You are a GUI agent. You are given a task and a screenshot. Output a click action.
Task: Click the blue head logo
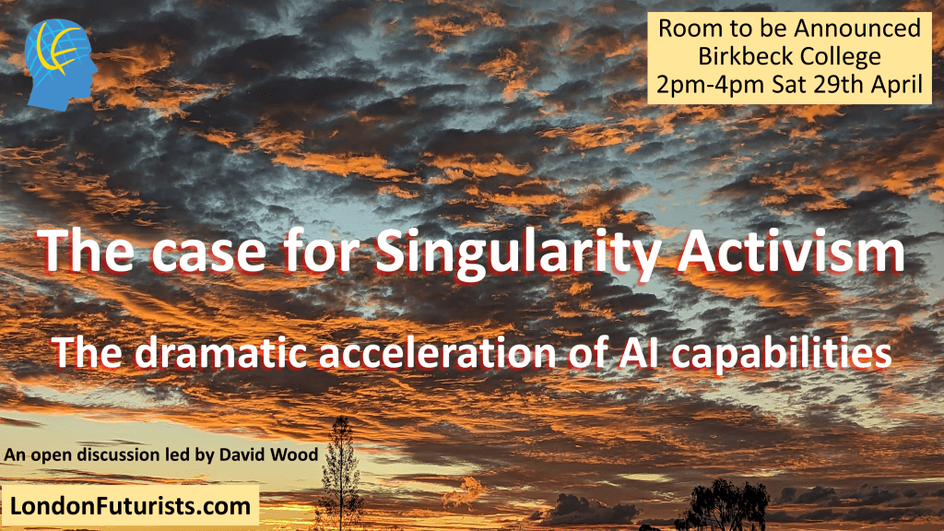click(61, 65)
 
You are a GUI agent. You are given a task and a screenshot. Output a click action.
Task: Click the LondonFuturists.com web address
click(130, 506)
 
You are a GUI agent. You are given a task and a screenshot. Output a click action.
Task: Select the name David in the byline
click(241, 454)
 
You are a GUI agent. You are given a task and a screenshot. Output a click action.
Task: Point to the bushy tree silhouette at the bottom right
click(722, 506)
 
